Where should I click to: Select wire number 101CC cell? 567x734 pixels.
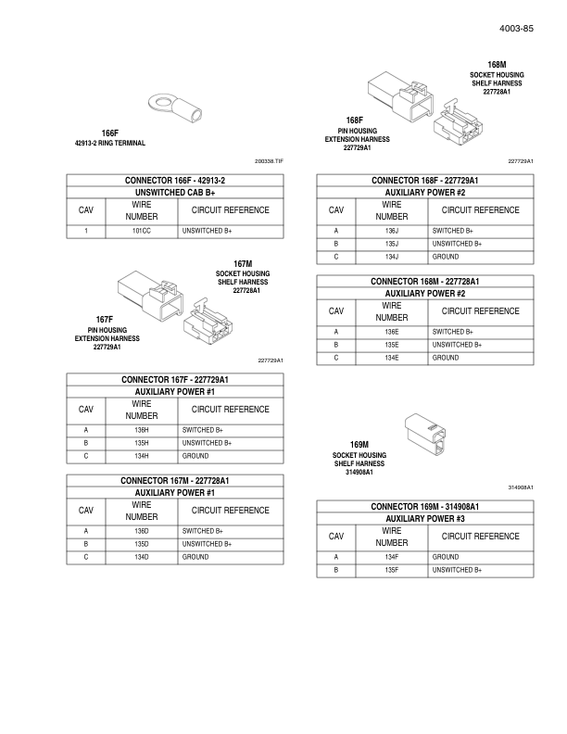pos(142,229)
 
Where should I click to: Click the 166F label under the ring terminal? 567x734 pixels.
pos(110,133)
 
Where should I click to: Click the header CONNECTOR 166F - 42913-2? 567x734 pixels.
pos(175,180)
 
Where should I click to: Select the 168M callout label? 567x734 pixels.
pos(498,65)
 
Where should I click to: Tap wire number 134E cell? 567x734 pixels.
pos(392,357)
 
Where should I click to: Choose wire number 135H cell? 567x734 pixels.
pos(142,442)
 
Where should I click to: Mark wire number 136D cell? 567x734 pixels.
pos(142,531)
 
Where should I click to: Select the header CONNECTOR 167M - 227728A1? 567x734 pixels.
pos(175,481)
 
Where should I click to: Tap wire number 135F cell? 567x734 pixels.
pos(392,569)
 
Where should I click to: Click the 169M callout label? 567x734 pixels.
pos(358,445)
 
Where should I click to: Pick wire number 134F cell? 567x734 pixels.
pos(392,557)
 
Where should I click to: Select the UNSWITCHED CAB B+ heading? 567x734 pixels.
pos(175,192)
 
